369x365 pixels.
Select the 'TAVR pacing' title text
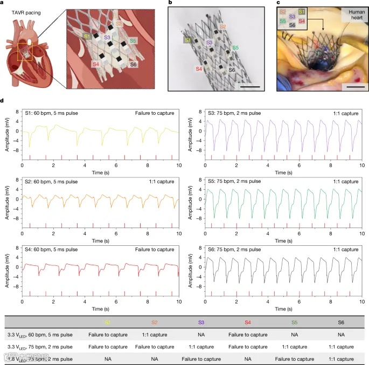tap(28, 15)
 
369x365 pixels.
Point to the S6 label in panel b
tap(231, 70)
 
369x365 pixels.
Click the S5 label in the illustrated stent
tap(133, 40)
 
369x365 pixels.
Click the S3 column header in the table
tap(200, 322)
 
